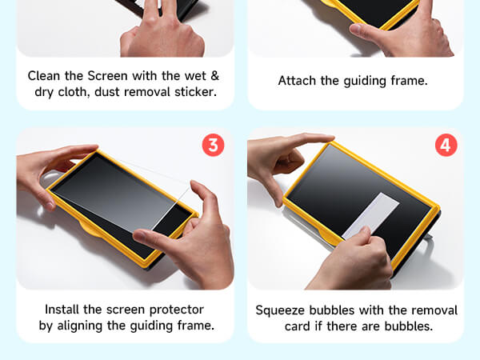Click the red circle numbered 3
tap(213, 145)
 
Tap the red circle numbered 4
tap(446, 145)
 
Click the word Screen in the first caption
tap(107, 76)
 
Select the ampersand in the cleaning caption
tap(215, 76)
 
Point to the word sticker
tap(195, 91)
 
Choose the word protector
tap(176, 310)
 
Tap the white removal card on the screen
tap(370, 216)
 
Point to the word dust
tap(105, 91)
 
